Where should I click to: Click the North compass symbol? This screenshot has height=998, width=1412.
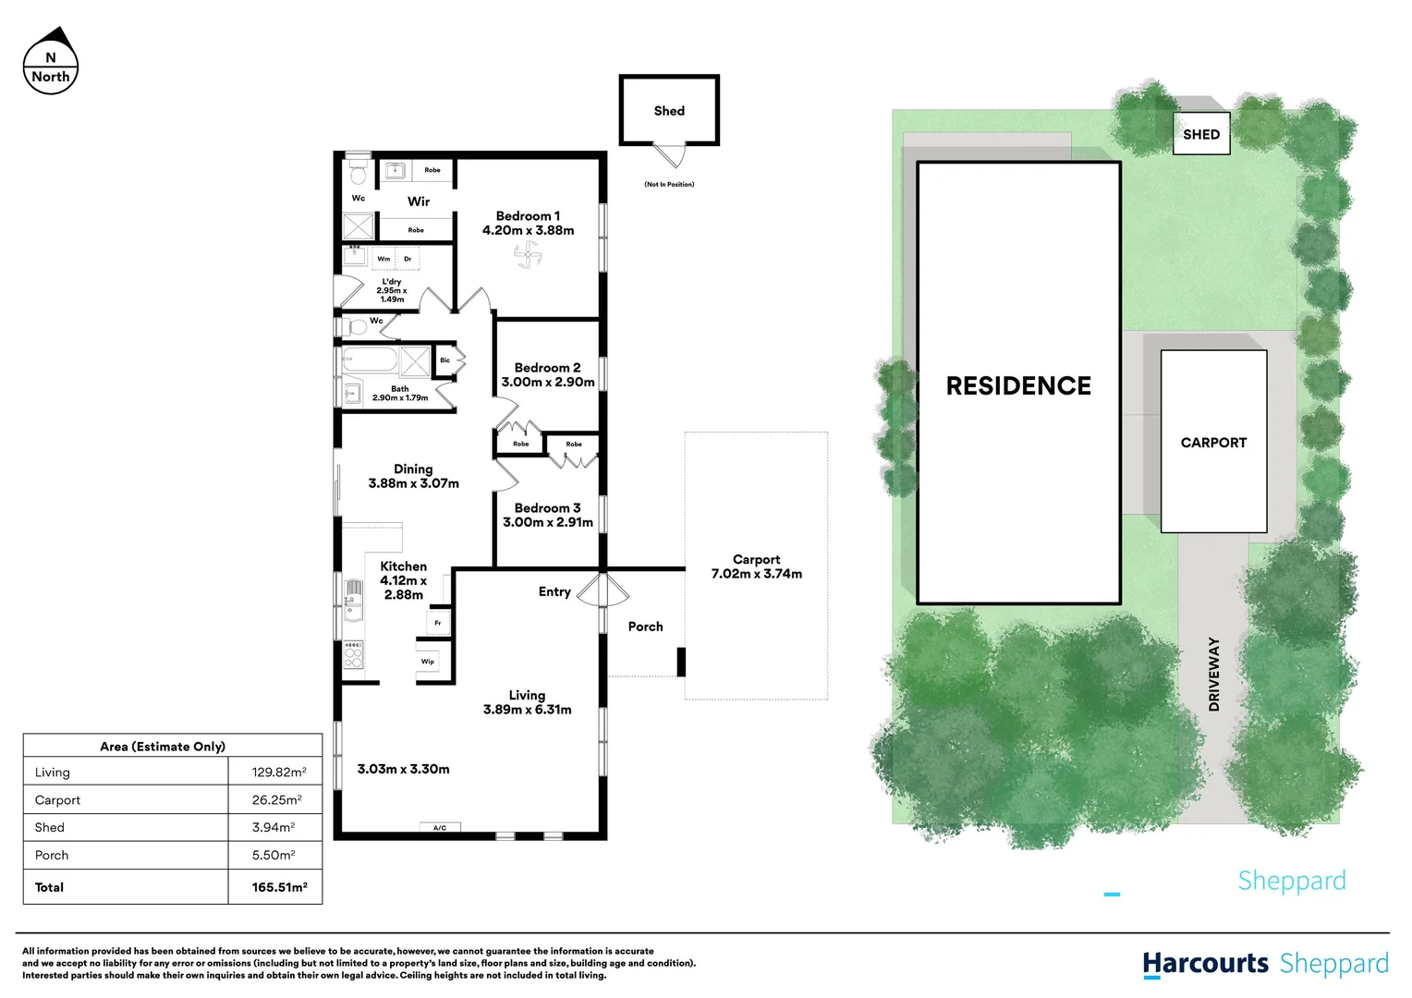[51, 62]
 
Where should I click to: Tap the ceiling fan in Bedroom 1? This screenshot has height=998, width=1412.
[528, 254]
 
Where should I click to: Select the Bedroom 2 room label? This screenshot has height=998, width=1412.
[547, 368]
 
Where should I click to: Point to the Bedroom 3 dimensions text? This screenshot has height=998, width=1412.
[547, 522]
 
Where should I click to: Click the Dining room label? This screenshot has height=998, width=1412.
[413, 469]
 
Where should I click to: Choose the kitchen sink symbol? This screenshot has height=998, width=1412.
[353, 596]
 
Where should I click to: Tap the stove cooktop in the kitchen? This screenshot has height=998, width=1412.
[353, 654]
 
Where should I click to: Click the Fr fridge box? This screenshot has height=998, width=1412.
[438, 623]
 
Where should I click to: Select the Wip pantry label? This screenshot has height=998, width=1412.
[428, 662]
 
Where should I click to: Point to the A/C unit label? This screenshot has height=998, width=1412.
[440, 828]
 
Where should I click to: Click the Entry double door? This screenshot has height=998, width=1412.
[603, 590]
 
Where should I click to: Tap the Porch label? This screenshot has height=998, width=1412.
[645, 627]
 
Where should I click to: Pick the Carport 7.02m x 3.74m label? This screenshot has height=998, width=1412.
[756, 566]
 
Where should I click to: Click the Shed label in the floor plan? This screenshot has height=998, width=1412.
[669, 111]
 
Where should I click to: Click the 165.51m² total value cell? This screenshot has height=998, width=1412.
[279, 887]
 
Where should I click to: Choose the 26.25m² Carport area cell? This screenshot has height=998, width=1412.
[276, 800]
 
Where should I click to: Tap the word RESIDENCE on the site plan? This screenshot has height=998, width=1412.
[1018, 386]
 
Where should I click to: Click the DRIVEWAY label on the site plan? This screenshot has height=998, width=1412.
[1214, 674]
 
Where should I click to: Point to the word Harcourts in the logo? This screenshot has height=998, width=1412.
[1205, 964]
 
